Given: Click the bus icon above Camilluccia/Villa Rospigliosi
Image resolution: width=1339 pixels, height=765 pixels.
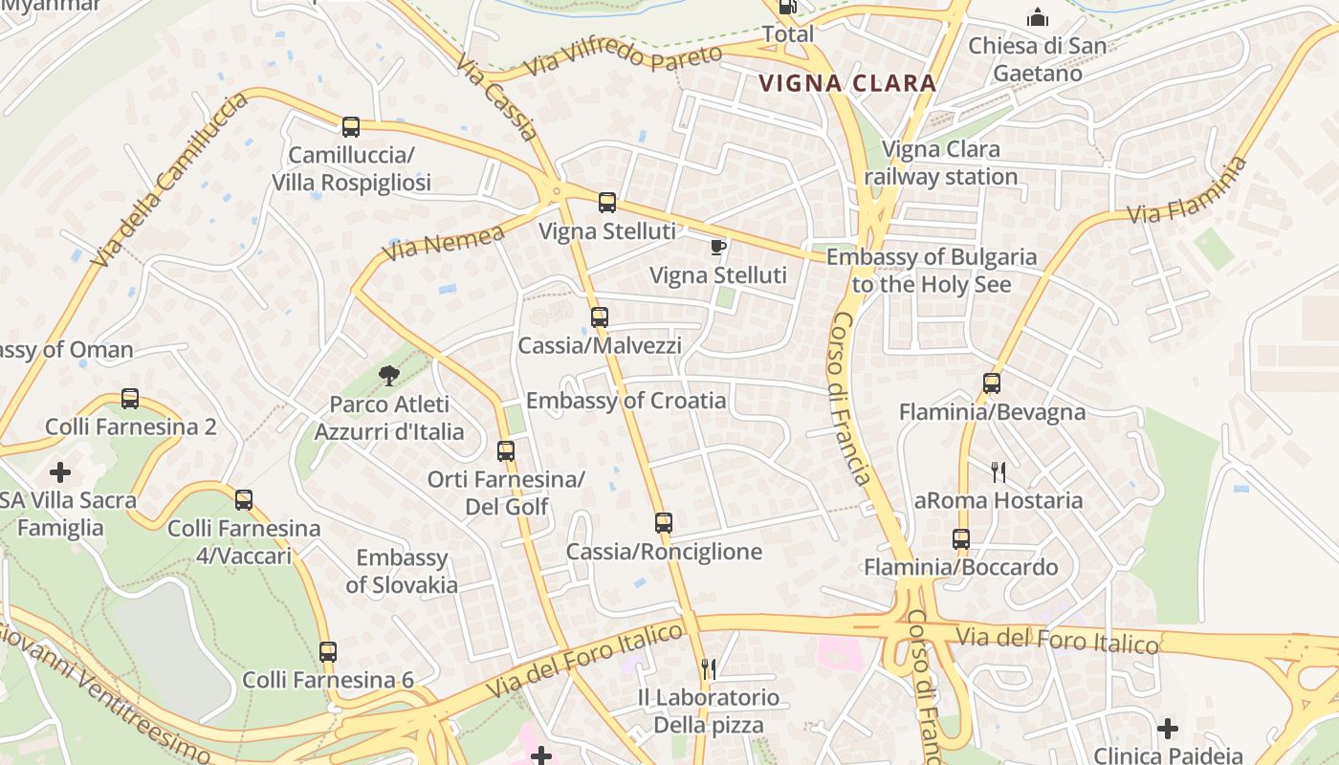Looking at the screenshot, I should click(x=351, y=126).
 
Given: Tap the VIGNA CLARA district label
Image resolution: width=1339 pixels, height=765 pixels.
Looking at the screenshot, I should click(x=847, y=83).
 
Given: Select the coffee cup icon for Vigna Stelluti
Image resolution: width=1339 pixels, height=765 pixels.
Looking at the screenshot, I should click(x=718, y=248).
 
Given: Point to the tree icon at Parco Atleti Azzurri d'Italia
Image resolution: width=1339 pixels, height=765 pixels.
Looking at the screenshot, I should click(x=388, y=376).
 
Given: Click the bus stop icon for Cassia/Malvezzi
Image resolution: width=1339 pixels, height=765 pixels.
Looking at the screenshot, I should click(x=600, y=317).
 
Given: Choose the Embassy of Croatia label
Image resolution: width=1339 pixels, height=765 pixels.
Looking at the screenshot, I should click(x=626, y=401).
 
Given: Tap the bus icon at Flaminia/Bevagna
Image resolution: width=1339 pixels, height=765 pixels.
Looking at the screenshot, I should click(x=992, y=383).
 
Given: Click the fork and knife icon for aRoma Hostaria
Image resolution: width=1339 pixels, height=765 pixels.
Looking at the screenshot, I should click(x=999, y=471).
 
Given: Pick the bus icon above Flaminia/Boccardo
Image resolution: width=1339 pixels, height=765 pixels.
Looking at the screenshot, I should click(x=961, y=539).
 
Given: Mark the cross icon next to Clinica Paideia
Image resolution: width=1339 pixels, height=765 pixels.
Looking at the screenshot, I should click(x=1167, y=729).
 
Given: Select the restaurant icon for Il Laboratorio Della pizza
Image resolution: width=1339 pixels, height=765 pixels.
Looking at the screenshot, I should click(x=709, y=669).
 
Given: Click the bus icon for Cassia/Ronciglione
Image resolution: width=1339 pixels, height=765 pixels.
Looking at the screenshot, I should click(x=664, y=523).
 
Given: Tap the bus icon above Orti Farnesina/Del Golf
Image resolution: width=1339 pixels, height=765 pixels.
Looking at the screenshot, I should click(x=506, y=451).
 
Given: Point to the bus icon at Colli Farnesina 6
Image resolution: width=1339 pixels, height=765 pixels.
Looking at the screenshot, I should click(x=328, y=652).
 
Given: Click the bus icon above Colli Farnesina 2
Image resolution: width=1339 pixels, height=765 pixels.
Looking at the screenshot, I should click(x=130, y=399).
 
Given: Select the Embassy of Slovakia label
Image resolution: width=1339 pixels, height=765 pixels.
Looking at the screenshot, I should click(x=402, y=571).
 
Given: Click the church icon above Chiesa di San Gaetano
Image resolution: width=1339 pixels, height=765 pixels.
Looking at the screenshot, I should click(x=1038, y=17).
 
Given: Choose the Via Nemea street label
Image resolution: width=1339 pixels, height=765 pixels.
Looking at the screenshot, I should click(x=443, y=243).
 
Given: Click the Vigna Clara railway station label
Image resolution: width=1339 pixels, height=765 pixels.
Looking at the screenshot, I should click(x=941, y=164).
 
